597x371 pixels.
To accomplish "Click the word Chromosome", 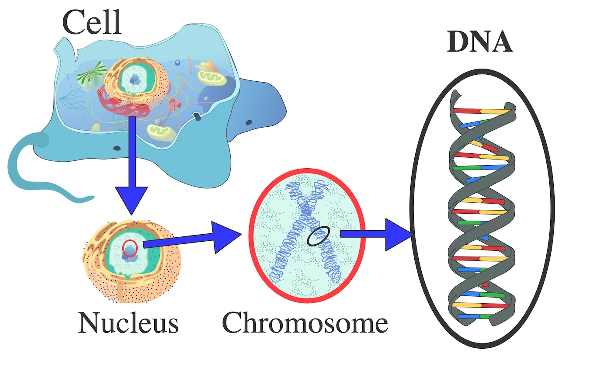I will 305,323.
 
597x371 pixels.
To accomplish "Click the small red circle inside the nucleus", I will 130,248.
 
